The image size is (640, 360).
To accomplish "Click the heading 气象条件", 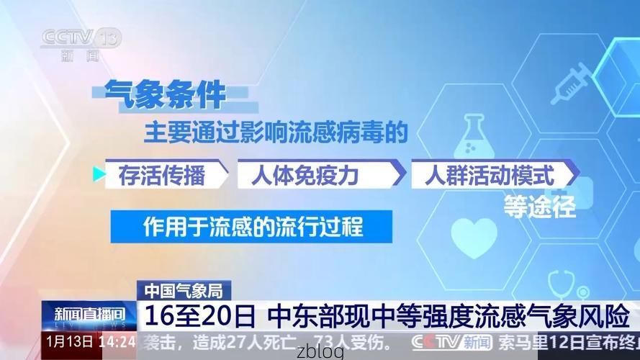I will coord(165,94).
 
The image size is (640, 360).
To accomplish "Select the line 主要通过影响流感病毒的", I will coord(276,132).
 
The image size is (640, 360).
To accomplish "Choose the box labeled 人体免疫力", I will coord(315,175).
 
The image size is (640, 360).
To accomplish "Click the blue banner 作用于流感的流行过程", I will coord(251,227).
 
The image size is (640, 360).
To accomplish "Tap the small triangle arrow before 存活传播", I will coord(99,174).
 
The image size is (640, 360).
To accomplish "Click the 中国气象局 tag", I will coord(182,291).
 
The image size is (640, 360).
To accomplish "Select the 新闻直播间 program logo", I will coord(89,315).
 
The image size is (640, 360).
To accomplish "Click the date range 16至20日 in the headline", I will coord(200,316).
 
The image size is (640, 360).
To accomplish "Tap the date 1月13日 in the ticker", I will coord(69,341).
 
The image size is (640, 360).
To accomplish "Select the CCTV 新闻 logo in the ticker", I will coord(451,341).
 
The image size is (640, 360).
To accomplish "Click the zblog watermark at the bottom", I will coord(320,353).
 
